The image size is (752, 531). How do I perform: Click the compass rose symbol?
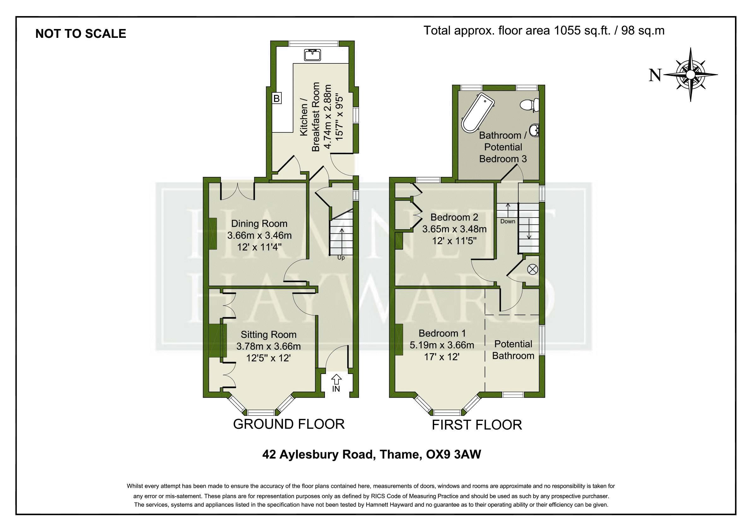[690, 75]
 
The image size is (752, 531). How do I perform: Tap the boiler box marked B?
[277, 98]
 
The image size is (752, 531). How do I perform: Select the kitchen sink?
[313, 55]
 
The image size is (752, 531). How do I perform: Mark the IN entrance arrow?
[336, 383]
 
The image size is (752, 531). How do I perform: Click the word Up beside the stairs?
[341, 258]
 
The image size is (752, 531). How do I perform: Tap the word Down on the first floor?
[508, 221]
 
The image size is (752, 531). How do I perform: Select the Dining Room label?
[259, 224]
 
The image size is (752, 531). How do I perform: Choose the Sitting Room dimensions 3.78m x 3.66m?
[268, 346]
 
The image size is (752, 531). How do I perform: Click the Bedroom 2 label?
[454, 217]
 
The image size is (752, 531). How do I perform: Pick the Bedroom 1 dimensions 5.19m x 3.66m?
[442, 345]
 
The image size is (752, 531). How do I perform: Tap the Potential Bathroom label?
[513, 350]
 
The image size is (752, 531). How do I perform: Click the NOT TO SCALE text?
[80, 34]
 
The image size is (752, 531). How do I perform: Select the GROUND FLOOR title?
[289, 424]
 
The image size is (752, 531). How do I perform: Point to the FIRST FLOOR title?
[477, 425]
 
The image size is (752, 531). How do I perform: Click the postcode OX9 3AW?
[453, 454]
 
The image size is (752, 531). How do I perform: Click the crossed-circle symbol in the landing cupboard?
[532, 269]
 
